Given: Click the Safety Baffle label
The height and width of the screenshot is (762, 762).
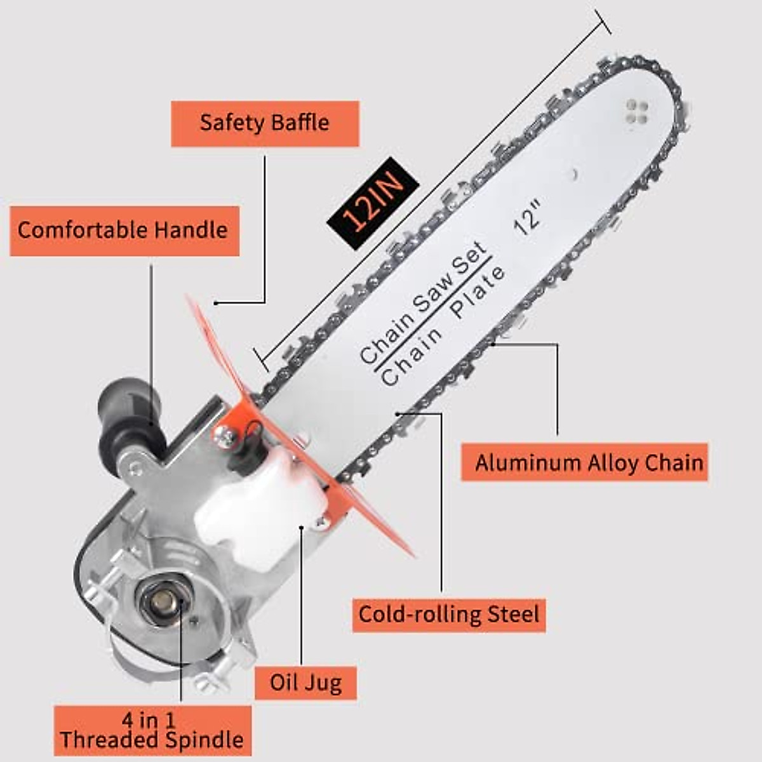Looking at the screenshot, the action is [x=265, y=123].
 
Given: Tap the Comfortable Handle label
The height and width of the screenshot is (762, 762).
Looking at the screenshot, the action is [x=124, y=230].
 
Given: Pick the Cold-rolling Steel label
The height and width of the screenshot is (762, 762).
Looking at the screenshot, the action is [x=448, y=615].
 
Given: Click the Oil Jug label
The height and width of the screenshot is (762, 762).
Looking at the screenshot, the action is [x=305, y=683].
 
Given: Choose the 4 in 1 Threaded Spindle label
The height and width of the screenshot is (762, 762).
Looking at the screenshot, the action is [x=152, y=730].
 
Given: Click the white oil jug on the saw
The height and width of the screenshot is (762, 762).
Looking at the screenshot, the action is [x=260, y=502].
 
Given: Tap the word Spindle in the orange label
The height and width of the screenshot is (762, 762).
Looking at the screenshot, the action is [x=205, y=740].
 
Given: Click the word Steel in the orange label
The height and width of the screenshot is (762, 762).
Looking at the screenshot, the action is [x=513, y=614].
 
